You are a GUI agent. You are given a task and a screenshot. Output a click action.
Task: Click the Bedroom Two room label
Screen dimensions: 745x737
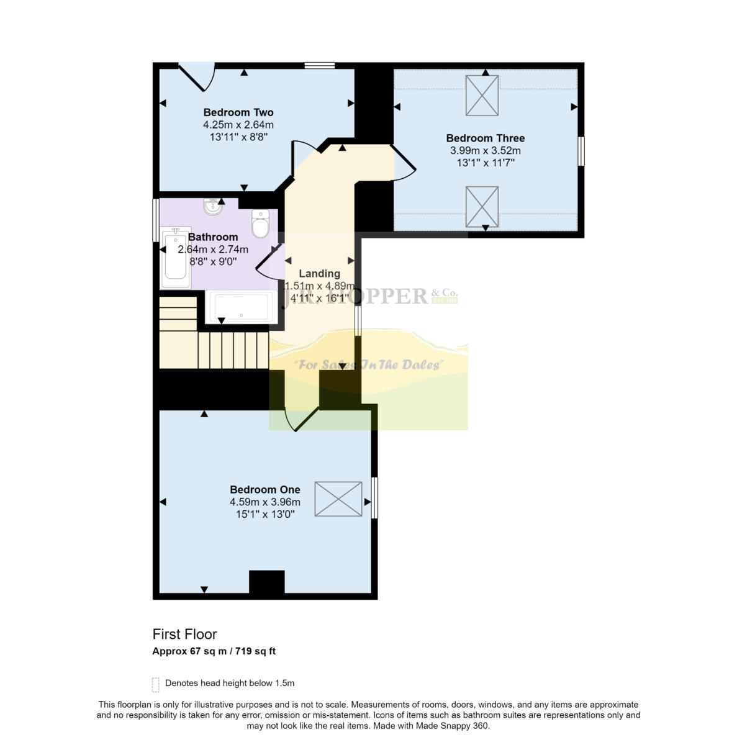(238, 112)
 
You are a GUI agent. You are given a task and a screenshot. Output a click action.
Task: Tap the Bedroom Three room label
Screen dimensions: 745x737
(485, 138)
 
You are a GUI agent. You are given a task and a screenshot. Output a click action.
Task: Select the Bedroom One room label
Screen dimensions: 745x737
(265, 489)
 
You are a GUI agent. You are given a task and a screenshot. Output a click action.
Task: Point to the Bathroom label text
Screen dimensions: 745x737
(213, 237)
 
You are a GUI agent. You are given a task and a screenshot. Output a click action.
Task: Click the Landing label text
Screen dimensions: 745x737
(319, 273)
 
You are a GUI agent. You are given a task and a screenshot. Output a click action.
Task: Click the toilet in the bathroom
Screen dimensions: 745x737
(260, 224)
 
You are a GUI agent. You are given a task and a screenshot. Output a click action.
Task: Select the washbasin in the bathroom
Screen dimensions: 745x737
(213, 207)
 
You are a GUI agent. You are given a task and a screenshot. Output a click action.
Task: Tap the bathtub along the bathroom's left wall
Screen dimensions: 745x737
(176, 258)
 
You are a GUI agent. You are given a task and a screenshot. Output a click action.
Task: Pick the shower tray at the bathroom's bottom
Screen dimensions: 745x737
(241, 306)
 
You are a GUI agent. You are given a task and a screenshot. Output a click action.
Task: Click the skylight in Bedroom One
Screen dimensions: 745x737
(338, 499)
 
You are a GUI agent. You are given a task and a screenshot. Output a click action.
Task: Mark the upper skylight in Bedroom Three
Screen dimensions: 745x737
(482, 95)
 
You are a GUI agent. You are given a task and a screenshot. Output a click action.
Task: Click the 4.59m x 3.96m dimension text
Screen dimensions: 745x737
(265, 502)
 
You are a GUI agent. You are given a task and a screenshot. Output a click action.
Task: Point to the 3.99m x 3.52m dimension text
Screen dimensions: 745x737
(485, 150)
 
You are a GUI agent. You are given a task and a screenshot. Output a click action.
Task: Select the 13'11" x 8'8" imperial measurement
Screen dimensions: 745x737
(238, 137)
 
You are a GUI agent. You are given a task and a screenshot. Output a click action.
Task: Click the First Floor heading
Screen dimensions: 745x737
(184, 634)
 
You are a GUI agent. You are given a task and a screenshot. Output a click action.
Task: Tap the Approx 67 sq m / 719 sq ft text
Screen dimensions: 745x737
(214, 651)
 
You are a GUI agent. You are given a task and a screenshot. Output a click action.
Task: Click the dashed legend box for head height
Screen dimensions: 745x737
(155, 684)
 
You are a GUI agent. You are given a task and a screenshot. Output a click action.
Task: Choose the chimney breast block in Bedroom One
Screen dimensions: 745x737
(266, 582)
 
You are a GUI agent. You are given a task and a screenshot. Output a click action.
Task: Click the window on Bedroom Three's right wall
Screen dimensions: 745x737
(581, 151)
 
